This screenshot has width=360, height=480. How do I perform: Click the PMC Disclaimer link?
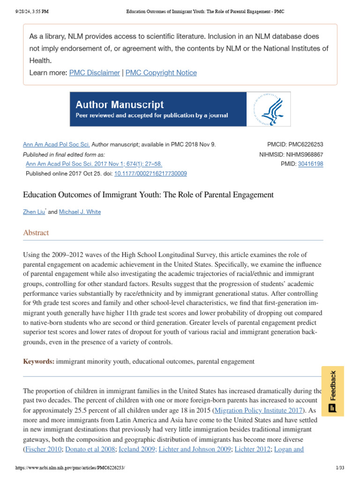pyautogui.click(x=94, y=73)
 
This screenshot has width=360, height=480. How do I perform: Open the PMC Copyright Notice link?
pyautogui.click(x=161, y=73)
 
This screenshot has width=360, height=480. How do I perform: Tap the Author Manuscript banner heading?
pyautogui.click(x=120, y=105)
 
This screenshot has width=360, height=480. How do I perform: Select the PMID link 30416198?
pyautogui.click(x=310, y=164)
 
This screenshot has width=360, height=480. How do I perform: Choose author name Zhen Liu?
pyautogui.click(x=34, y=212)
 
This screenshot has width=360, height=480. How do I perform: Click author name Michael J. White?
pyautogui.click(x=80, y=212)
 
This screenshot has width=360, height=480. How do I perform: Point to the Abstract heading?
pyautogui.click(x=36, y=232)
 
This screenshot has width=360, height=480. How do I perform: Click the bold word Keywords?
pyautogui.click(x=39, y=361)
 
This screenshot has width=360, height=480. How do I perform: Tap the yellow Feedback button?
pyautogui.click(x=332, y=391)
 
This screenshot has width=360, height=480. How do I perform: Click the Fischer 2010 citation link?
pyautogui.click(x=43, y=449)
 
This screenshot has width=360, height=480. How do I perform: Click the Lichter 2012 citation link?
pyautogui.click(x=252, y=449)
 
